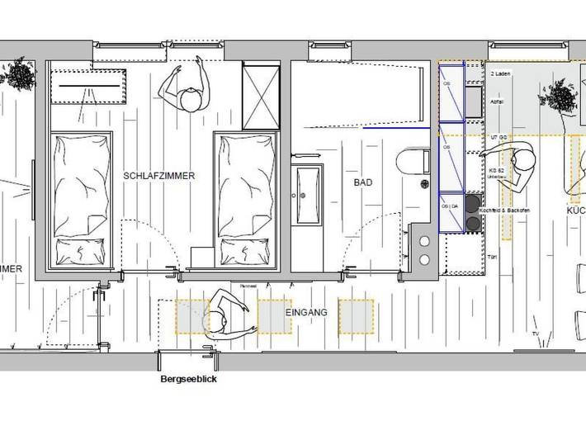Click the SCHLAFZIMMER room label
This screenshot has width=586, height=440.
(159, 176)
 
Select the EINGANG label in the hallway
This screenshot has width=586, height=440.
(307, 312)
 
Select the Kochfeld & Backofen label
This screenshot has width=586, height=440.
(504, 212)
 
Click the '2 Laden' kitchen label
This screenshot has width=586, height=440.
(500, 74)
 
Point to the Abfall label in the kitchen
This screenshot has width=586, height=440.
(498, 102)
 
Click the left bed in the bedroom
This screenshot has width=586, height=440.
(80, 198)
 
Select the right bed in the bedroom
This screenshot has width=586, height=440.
(244, 198)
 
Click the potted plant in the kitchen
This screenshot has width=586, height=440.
(559, 99)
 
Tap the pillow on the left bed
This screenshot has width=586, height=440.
(81, 249)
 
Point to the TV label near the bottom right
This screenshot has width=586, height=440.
(535, 334)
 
